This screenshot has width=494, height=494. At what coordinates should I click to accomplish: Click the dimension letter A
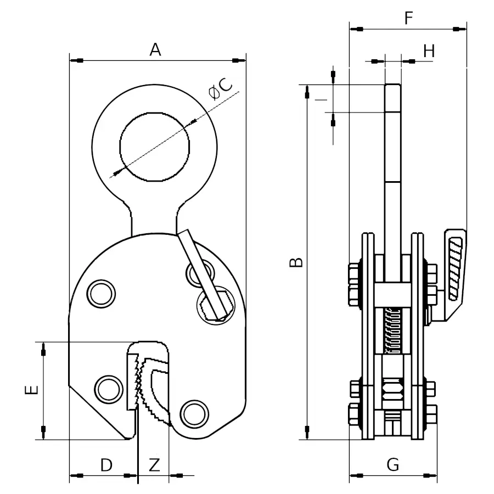coord(155,50)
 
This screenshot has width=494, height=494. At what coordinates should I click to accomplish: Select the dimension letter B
coord(296,262)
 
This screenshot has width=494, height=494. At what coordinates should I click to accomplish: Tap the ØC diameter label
coord(220,88)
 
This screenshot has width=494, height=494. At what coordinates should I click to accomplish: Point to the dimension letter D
coord(106,465)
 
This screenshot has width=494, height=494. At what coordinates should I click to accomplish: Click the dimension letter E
coord(31,390)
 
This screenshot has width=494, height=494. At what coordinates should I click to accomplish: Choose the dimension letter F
coord(408,18)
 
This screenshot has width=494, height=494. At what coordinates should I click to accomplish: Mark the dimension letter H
coord(429,51)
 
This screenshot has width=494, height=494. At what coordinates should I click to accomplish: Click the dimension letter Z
coord(154,465)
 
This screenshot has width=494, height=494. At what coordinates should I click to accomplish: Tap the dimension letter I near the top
coord(321,99)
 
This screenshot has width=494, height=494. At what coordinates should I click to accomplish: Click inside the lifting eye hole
coord(155,147)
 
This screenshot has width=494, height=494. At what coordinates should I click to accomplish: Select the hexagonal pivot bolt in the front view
coord(216,306)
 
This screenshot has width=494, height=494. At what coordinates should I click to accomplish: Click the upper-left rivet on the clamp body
coord(101,294)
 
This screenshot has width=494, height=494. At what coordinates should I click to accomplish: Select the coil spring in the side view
coord(391,331)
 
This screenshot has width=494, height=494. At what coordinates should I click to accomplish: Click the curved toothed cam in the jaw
coord(154,391)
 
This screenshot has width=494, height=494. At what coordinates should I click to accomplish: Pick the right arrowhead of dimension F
coord(459,29)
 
